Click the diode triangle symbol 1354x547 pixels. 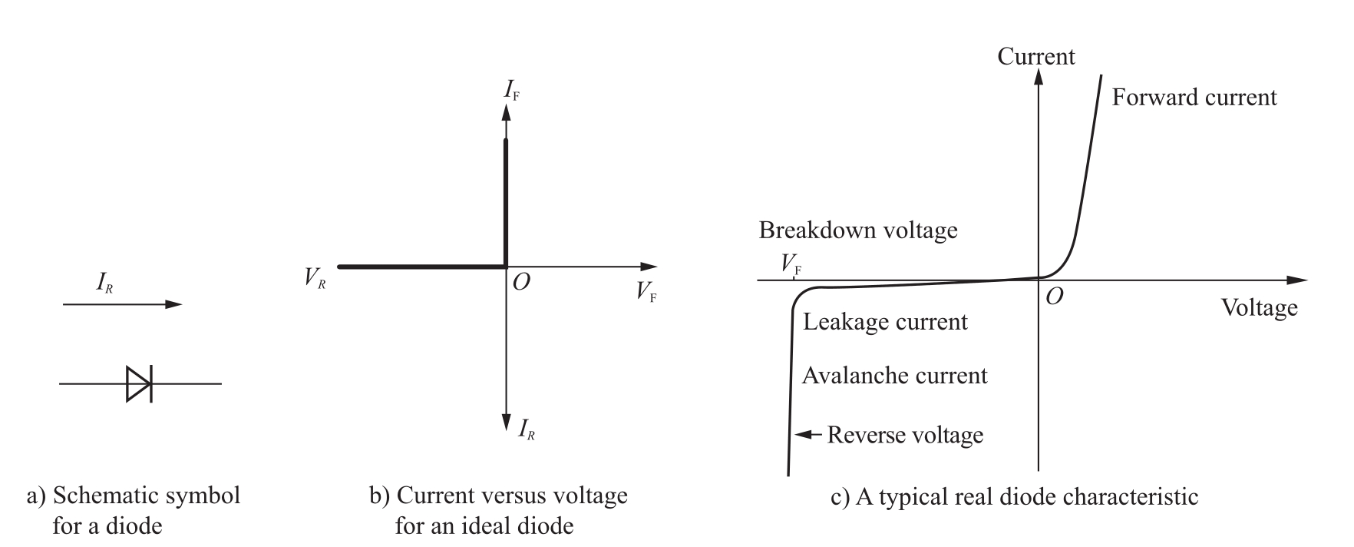tap(139, 383)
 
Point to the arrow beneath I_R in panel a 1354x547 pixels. tap(122, 305)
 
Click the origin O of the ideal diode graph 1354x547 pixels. tap(520, 283)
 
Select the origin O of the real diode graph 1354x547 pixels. tap(1055, 297)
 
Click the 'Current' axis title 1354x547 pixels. tap(1036, 57)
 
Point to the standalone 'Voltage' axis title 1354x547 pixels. tap(1259, 308)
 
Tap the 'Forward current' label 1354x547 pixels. tap(1194, 98)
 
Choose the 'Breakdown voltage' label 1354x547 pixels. tap(858, 230)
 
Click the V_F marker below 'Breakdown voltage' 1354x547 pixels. tap(791, 265)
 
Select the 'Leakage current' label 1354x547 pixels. tap(885, 322)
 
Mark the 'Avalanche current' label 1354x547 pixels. tap(894, 376)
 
